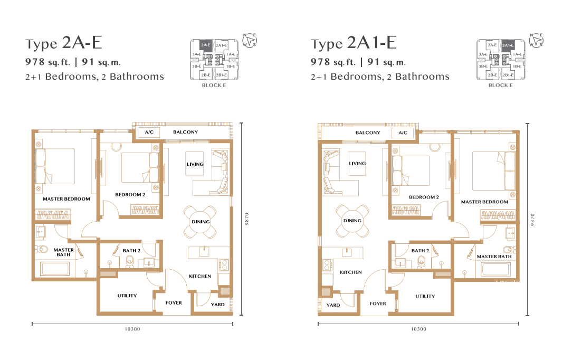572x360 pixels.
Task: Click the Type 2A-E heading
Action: point(63,43)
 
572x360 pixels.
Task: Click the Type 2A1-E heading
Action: point(354,43)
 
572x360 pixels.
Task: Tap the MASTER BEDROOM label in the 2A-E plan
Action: point(66,199)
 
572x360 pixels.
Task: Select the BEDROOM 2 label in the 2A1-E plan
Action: point(424,197)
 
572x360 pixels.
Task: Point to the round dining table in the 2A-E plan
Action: point(201,222)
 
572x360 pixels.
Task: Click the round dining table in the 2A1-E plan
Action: point(352,221)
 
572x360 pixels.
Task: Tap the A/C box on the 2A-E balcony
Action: point(149,132)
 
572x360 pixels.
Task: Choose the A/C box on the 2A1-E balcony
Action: point(403,133)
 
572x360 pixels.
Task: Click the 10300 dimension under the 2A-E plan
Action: point(132,329)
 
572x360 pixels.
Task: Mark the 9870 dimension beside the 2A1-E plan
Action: point(532,220)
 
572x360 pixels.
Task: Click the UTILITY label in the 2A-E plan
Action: point(127,296)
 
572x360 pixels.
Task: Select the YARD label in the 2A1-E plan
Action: point(333,305)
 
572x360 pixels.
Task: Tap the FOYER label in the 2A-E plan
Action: point(174,303)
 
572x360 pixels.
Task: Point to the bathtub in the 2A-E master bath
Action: point(55,269)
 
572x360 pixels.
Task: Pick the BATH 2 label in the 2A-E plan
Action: point(131,251)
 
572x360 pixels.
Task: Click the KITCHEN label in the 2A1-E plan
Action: point(350,272)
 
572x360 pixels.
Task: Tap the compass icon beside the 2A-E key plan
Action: point(250,40)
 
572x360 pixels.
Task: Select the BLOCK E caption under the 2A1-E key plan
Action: point(500,85)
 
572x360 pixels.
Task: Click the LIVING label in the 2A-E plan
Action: point(195,164)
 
